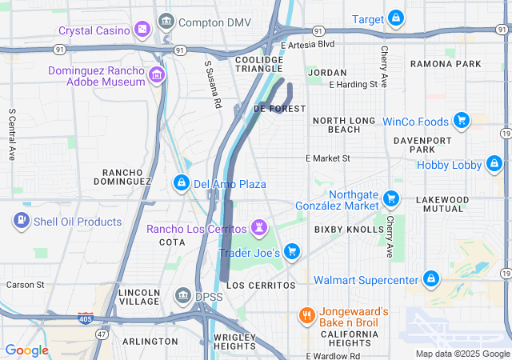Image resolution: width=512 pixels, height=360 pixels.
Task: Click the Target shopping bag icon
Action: coord(395,18)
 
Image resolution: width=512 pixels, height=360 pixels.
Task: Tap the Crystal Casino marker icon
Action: coord(142,30)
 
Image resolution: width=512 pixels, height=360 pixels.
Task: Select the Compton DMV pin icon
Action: coord(166,22)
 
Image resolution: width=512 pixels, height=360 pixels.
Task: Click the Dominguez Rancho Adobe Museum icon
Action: coord(157,76)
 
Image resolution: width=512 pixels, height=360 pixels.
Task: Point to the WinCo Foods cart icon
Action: coord(461,122)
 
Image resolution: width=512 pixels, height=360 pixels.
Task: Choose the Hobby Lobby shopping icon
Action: coord(494,166)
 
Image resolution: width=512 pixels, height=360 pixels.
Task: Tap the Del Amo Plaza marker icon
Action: coord(182,184)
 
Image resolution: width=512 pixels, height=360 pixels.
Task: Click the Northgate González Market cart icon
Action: coord(391,198)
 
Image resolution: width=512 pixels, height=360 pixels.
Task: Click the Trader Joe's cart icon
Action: coord(292,252)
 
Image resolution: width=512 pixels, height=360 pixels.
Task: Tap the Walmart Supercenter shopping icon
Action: coord(431,279)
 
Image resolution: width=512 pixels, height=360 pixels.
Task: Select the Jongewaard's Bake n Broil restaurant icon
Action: coord(306,315)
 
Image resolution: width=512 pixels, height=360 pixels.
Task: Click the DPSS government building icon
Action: coord(182,296)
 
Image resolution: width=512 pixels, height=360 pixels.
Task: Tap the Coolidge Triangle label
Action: coord(259,64)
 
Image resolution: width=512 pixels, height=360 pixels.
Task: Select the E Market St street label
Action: coord(328,158)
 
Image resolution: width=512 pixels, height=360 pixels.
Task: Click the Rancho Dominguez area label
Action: coord(127,177)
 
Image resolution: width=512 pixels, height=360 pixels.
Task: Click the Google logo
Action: coord(26,350)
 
